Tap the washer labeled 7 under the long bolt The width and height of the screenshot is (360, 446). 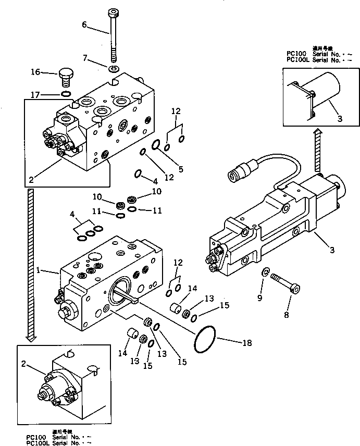114,69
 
